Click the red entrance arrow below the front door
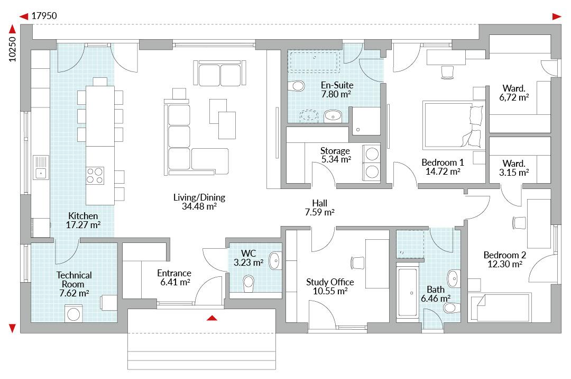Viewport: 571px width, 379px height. coord(212,318)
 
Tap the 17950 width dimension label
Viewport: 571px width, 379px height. coord(44,16)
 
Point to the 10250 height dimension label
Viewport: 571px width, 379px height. coord(12,49)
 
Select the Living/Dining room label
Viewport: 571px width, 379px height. coord(199,197)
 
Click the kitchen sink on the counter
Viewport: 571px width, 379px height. coord(41,168)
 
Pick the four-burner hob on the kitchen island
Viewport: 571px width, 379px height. coord(95,175)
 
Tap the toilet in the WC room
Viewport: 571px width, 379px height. coord(248,283)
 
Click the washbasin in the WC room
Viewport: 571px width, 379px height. coord(274,260)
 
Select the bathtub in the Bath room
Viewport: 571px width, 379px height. coord(408,292)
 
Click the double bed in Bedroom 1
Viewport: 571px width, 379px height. coord(454,125)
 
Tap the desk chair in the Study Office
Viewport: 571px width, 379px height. coord(357,263)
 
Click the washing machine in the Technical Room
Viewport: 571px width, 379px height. coord(73,314)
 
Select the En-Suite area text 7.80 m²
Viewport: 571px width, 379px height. coord(336,94)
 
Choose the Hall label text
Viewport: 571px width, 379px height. coord(319,203)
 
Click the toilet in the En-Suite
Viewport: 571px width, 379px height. coord(297,86)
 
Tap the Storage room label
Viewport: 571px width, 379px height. coord(335,150)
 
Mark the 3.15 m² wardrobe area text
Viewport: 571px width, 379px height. coord(513,173)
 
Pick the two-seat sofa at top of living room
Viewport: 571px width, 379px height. coord(219,73)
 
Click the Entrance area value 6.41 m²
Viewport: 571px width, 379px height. coord(175,282)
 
